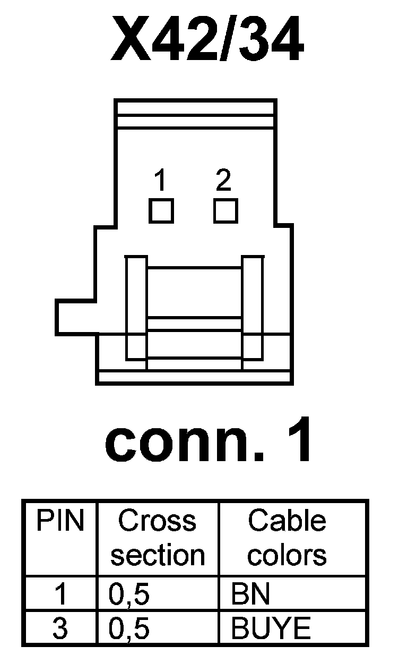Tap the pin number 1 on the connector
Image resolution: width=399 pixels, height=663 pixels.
(x=161, y=182)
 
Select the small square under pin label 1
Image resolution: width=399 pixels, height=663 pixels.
(x=161, y=211)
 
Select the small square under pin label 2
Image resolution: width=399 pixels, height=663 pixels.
(x=225, y=211)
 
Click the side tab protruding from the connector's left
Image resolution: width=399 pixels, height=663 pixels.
(x=75, y=318)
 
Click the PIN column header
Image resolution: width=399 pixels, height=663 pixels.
(x=60, y=522)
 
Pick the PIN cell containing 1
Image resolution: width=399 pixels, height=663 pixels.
(x=60, y=595)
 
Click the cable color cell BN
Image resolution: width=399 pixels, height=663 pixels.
(x=250, y=595)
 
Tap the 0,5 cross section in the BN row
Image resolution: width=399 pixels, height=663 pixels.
(x=129, y=595)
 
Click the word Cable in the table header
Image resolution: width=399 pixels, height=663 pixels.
(x=287, y=521)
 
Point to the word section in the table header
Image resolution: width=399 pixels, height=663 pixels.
(x=158, y=555)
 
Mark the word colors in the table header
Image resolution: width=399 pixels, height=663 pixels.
(x=287, y=555)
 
